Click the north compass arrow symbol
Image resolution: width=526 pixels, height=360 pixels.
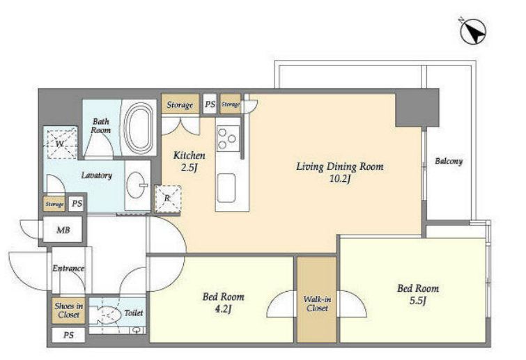[x=473, y=31]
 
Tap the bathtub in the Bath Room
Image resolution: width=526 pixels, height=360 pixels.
[x=139, y=127]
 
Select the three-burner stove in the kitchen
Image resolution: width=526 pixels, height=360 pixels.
[x=228, y=138]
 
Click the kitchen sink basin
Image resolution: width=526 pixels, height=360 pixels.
[x=226, y=188]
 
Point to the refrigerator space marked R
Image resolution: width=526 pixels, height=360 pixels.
[x=168, y=198]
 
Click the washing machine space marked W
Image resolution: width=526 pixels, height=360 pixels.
[x=61, y=143]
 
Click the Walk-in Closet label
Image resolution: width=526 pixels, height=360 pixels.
[x=317, y=304]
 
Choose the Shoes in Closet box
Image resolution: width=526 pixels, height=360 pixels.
[x=68, y=311]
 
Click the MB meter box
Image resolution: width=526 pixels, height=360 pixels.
[x=63, y=230]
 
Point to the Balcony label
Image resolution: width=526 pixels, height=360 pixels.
[x=449, y=162]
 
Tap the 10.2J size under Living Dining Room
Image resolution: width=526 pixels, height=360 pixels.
[x=340, y=179]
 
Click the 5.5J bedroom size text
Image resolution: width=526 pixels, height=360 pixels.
[x=417, y=300]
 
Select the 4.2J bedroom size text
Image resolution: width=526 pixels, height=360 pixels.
[x=223, y=308]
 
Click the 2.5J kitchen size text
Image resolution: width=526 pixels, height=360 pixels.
[x=189, y=167]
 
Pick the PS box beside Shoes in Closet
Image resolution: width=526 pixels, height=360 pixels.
[x=68, y=335]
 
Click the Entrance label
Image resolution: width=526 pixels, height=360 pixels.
[x=68, y=268]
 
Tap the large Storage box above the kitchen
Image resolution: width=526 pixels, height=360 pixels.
[x=180, y=104]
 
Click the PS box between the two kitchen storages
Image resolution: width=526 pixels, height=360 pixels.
[x=210, y=104]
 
